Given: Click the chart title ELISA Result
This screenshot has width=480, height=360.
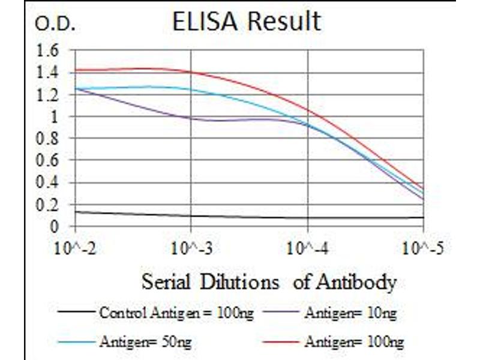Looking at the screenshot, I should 246,22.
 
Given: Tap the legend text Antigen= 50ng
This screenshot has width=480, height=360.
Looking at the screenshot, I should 146,342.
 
